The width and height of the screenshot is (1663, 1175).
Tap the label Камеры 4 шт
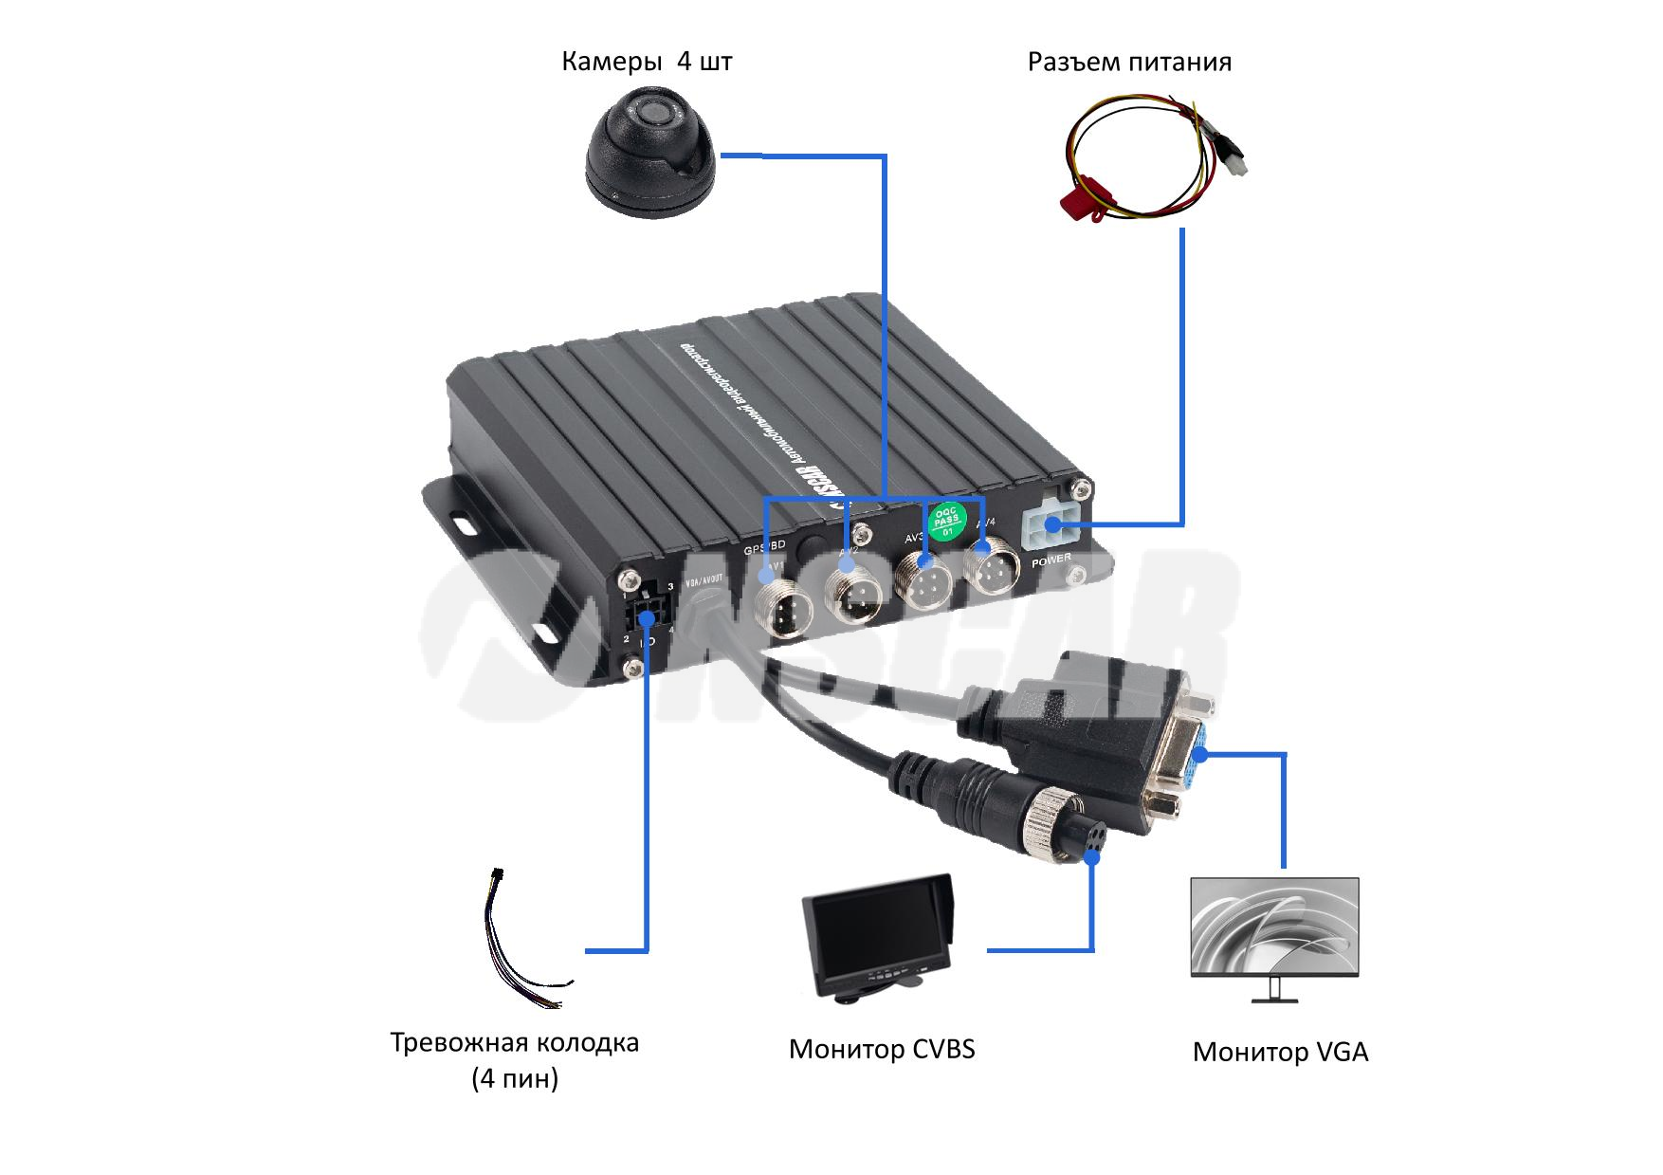point(647,63)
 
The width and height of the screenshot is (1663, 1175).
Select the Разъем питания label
point(1129,63)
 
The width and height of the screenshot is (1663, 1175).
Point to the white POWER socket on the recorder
point(1049,524)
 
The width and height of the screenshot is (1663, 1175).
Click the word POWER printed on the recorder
point(1051,560)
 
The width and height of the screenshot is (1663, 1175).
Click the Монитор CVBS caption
point(881,1049)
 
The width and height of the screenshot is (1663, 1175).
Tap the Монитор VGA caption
point(1280,1052)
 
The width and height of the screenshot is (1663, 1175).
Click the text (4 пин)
point(515,1079)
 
